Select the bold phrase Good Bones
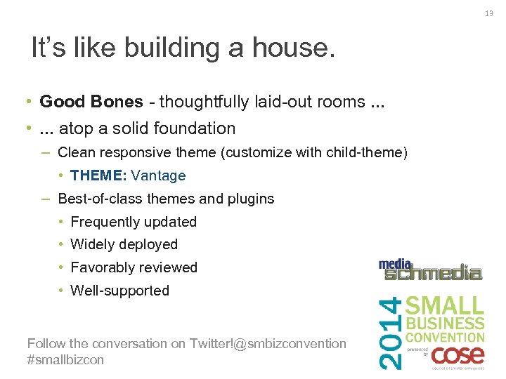click(x=91, y=102)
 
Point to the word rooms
click(x=335, y=102)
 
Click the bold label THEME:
click(x=98, y=175)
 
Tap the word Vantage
click(x=158, y=175)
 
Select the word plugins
click(x=249, y=199)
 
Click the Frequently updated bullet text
click(x=134, y=222)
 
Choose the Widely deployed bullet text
click(x=124, y=244)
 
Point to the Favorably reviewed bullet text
click(x=134, y=267)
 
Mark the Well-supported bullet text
click(x=120, y=291)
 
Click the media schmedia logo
click(x=430, y=270)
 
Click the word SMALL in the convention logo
click(x=445, y=306)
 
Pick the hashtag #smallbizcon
click(x=65, y=359)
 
